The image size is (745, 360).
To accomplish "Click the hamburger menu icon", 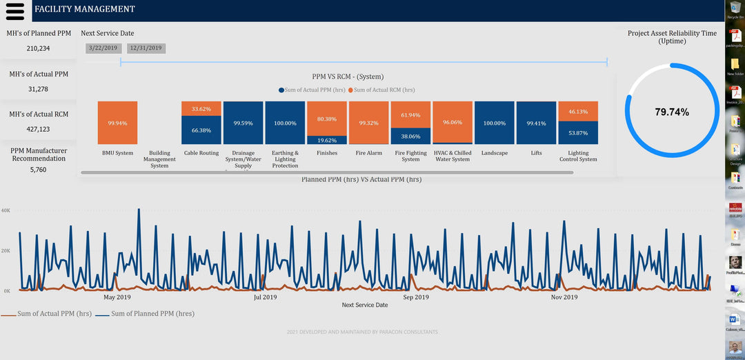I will (14, 10).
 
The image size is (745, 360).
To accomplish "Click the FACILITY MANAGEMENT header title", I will (85, 10).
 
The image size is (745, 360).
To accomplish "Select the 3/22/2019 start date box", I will (103, 48).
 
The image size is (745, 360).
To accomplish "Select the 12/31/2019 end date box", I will (146, 48).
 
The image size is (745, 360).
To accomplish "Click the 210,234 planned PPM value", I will (39, 49).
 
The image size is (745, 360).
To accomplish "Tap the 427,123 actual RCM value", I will (39, 129).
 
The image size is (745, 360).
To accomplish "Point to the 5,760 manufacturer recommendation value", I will (39, 170).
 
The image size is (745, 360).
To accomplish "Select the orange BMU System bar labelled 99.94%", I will (117, 123).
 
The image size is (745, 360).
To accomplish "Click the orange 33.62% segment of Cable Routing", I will (201, 108).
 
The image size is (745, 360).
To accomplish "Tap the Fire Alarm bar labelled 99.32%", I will (368, 123).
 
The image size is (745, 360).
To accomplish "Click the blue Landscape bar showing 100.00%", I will (495, 123).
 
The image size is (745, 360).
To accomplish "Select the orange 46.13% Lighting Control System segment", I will (578, 111).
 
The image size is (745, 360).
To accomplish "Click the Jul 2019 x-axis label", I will (265, 297).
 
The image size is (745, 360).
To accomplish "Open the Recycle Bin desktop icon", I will (735, 9).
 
